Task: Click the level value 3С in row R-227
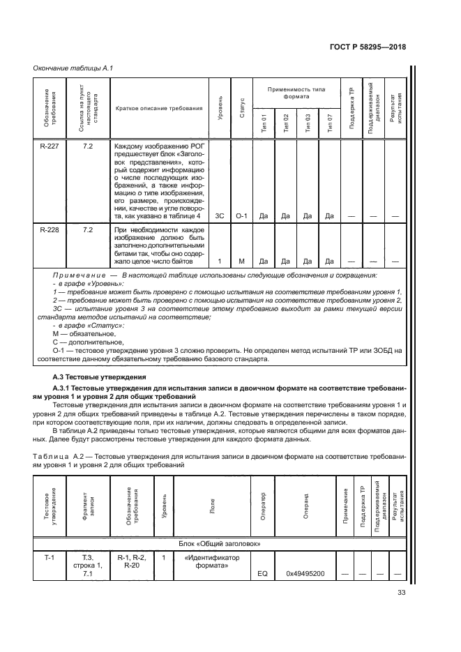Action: tap(220, 216)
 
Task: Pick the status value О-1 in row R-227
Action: tap(242, 216)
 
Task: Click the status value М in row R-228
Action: tap(242, 261)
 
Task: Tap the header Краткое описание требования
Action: tap(160, 108)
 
